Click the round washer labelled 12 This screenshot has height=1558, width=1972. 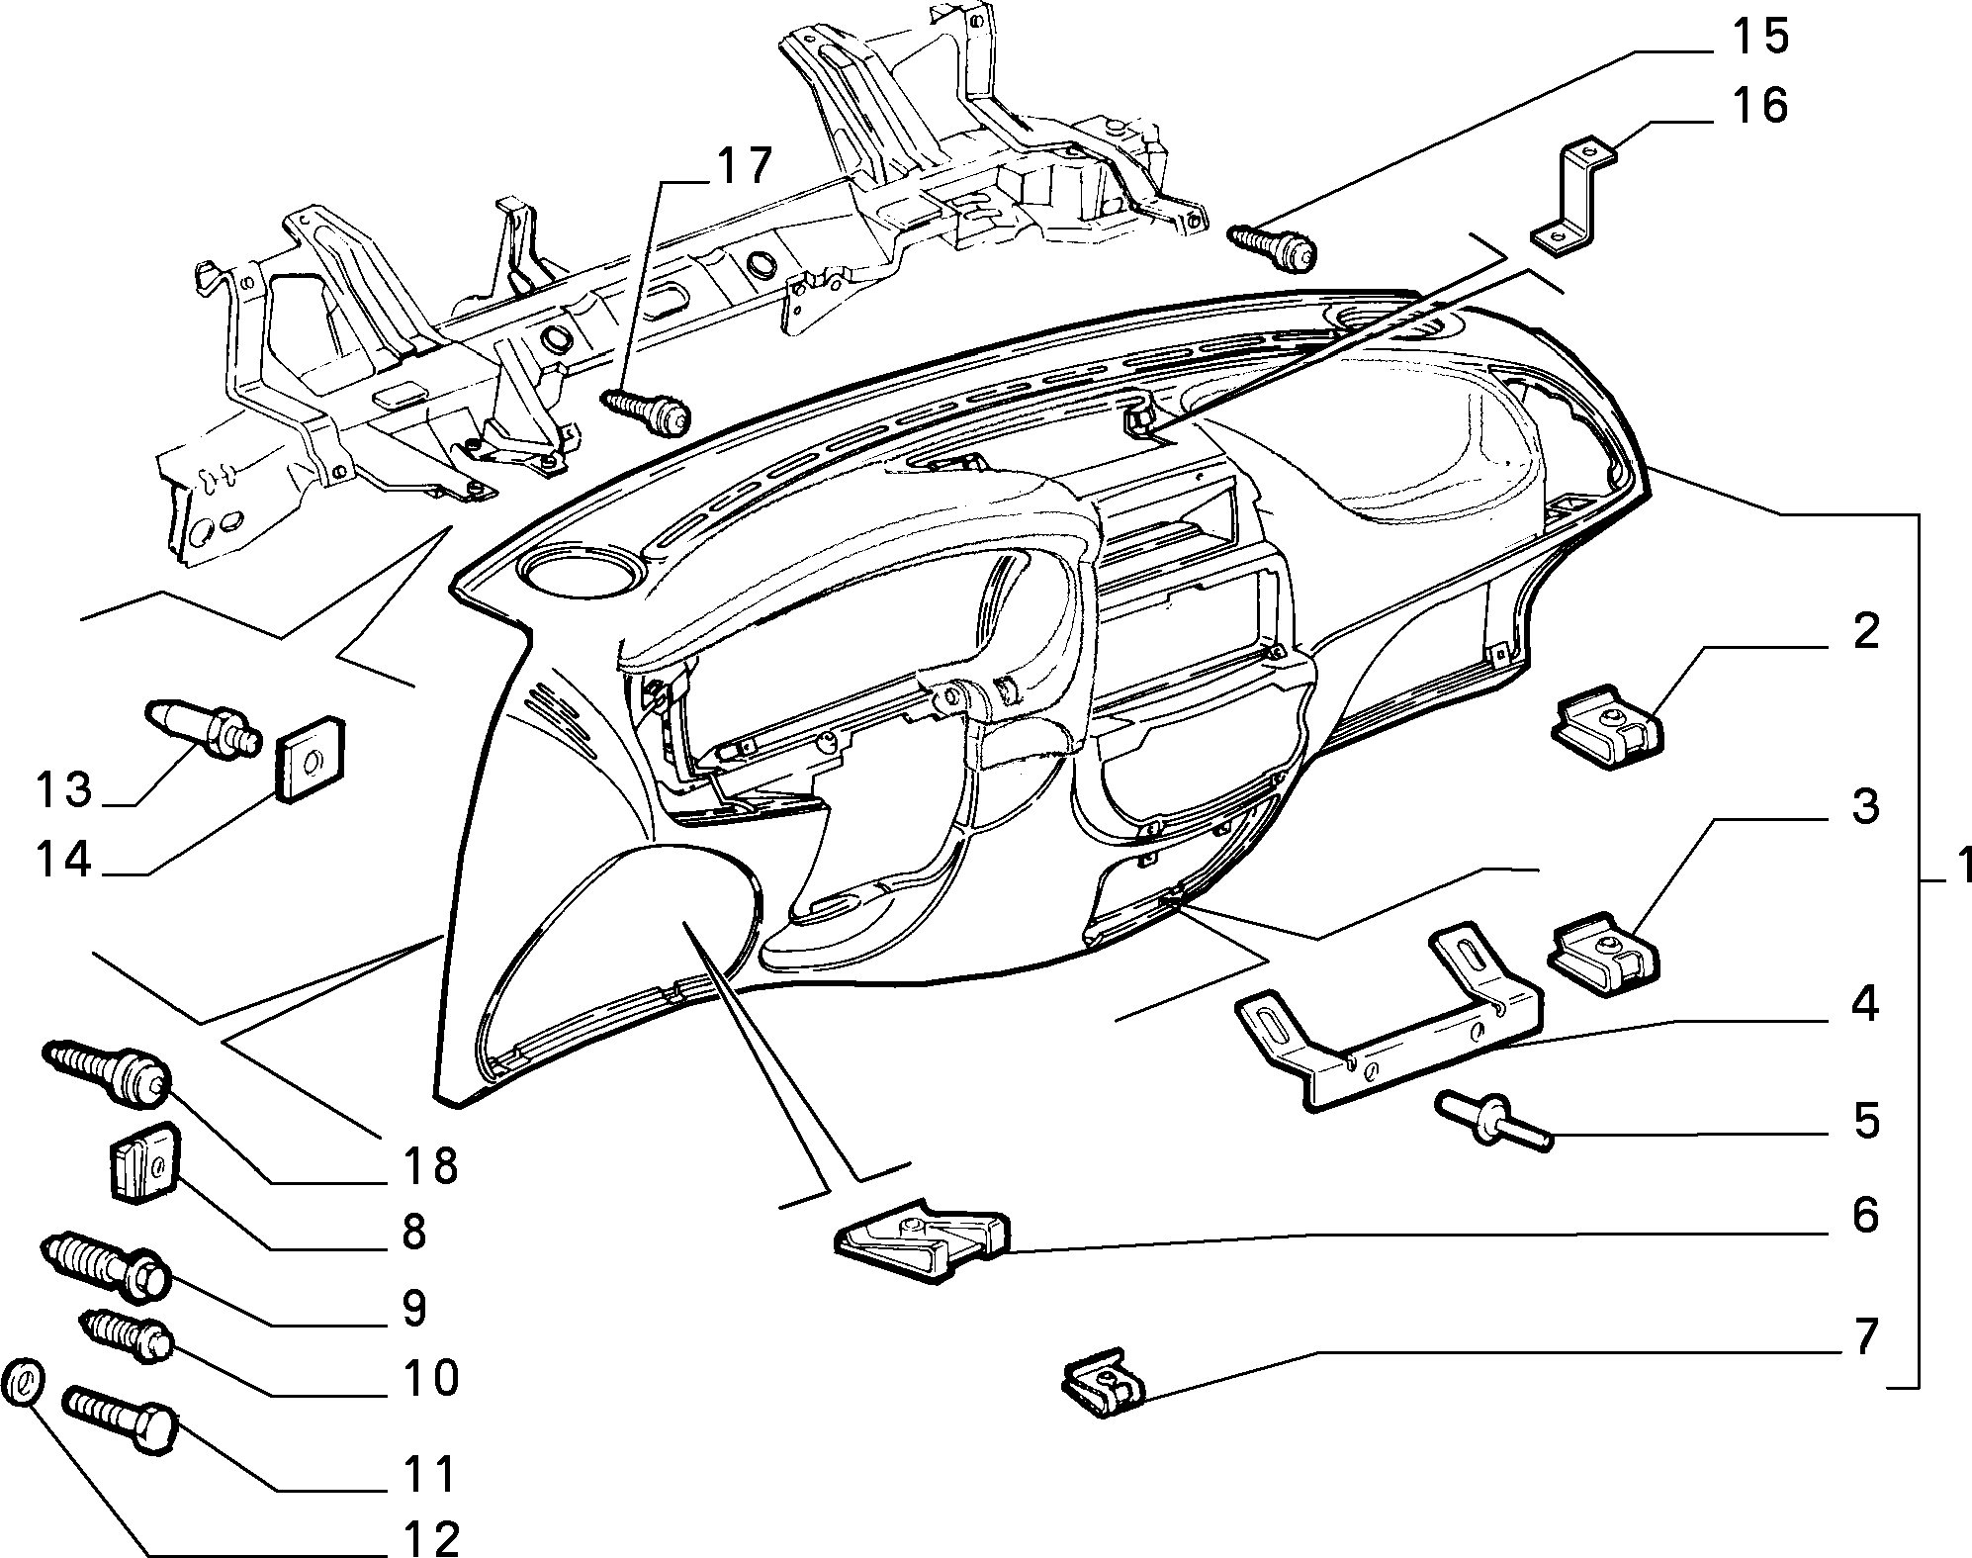(25, 1382)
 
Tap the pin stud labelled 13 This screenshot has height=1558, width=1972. (204, 729)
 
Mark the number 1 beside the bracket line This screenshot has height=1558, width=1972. (1957, 866)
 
